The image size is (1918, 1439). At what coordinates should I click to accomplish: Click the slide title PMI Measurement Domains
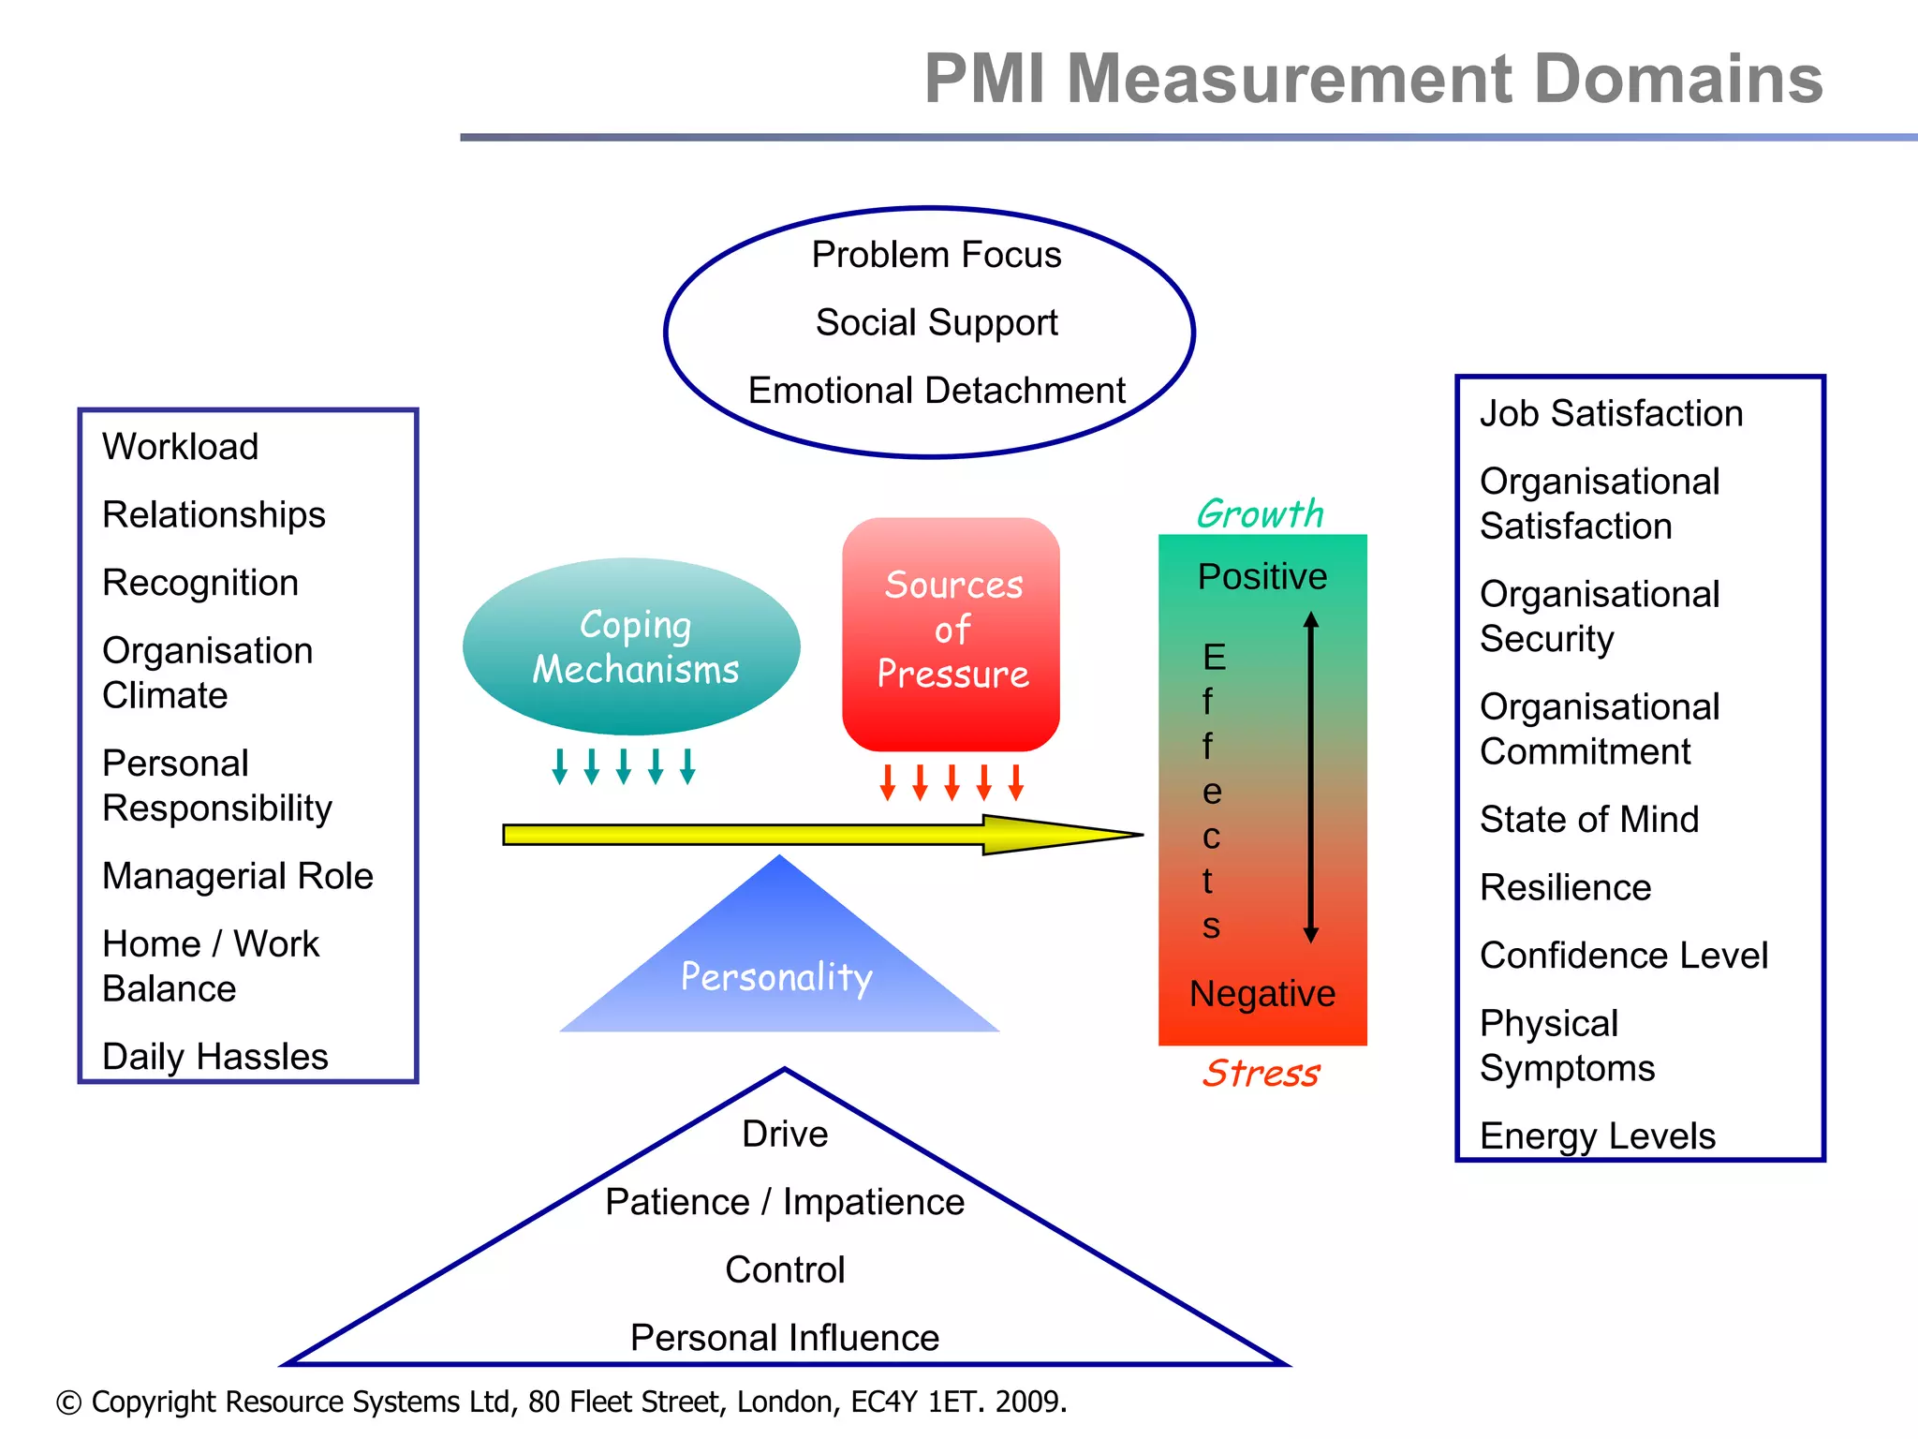click(1373, 79)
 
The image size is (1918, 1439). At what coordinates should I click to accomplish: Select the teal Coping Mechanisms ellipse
click(631, 646)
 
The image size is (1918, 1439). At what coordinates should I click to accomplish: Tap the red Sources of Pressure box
click(951, 633)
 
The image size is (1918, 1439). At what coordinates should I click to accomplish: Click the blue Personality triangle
click(778, 974)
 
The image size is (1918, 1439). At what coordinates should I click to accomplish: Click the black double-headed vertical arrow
click(1310, 778)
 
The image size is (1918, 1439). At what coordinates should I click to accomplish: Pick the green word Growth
click(1260, 513)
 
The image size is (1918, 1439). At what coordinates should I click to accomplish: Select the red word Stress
click(1261, 1073)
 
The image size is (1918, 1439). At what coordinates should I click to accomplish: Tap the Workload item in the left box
click(180, 447)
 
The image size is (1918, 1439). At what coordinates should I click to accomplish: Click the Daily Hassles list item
click(214, 1057)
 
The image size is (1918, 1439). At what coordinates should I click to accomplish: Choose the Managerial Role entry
click(237, 876)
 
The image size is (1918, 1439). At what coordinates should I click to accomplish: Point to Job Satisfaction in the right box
click(1611, 413)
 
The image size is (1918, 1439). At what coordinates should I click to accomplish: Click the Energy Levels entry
click(1597, 1136)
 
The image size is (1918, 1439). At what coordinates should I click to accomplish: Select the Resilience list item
click(1565, 887)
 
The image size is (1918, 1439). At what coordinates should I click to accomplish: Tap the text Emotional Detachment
click(936, 391)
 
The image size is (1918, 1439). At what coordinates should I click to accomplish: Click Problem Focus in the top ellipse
click(936, 255)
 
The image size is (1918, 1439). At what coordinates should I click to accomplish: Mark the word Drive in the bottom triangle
click(785, 1135)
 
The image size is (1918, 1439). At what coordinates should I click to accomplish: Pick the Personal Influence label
click(784, 1338)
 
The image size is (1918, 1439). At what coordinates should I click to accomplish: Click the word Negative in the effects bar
click(1261, 994)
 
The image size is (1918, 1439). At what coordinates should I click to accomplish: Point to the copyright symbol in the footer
click(68, 1402)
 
